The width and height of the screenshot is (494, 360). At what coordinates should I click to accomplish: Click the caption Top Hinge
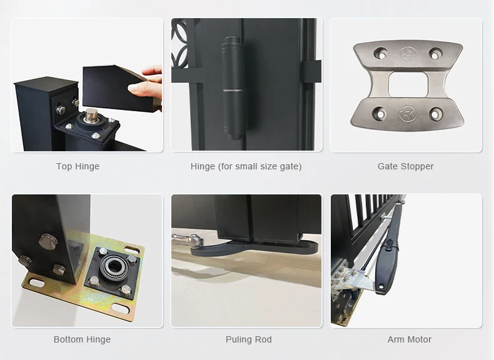78,166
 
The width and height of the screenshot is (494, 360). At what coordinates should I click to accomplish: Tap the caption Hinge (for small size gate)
246,166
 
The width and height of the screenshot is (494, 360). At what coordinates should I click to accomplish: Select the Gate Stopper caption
405,166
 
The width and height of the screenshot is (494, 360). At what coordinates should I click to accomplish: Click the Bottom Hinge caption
82,339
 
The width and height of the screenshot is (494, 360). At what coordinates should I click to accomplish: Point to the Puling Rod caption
249,339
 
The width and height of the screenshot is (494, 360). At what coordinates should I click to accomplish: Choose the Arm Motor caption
410,339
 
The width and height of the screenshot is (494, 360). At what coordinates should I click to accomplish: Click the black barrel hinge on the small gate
233,88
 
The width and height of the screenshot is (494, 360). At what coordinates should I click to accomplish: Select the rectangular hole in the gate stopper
408,84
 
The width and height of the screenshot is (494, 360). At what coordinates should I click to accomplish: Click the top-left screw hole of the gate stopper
381,53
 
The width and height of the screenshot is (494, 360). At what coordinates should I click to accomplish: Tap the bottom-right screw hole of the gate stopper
435,114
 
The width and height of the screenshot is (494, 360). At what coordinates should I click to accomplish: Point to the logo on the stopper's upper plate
408,53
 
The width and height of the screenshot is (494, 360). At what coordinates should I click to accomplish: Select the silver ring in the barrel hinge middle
234,91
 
